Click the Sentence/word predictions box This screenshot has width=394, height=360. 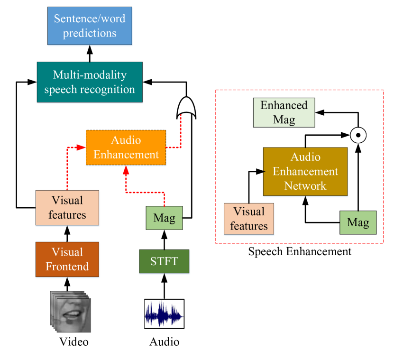click(90, 26)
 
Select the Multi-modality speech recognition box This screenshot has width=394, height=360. click(90, 82)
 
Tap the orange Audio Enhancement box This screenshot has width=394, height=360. click(126, 147)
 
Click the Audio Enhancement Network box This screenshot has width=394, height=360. click(305, 171)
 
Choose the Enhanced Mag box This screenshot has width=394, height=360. click(284, 112)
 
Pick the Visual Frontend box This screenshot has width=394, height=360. click(67, 259)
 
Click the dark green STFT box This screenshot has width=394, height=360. click(164, 261)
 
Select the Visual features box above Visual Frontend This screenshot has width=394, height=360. click(67, 208)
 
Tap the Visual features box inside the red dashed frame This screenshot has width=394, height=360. click(249, 219)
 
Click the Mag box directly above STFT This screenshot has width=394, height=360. click(164, 218)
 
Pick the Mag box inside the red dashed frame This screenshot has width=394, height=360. click(358, 222)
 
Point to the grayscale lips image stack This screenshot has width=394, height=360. click(71, 311)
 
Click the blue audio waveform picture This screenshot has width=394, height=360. click(164, 314)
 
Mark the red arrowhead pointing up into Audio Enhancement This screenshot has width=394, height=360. click(126, 169)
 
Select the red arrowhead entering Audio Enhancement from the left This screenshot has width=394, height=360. click(81, 148)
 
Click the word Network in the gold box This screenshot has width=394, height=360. click(305, 185)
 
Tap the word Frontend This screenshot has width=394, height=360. click(67, 267)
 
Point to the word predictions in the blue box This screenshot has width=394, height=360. click(90, 33)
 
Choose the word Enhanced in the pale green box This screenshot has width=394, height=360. click(284, 105)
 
